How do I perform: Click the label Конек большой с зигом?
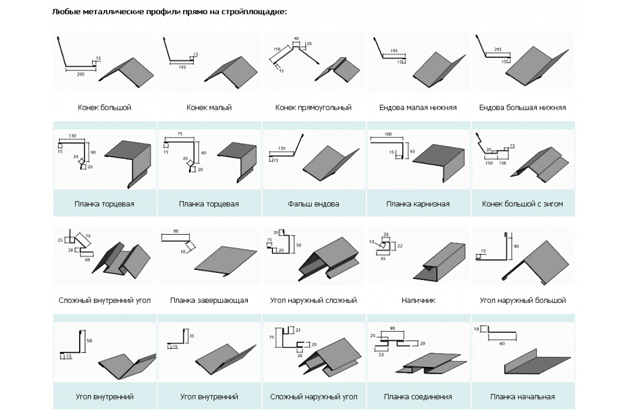tap(522, 204)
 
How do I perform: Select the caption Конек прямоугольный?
tap(313, 108)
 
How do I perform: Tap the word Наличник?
tap(418, 300)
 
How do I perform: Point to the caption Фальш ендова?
tap(313, 204)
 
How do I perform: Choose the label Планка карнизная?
tap(418, 204)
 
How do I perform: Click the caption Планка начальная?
tap(522, 397)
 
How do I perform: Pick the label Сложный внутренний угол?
tap(104, 300)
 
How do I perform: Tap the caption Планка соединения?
tap(418, 397)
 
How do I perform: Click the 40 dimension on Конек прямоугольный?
tap(296, 39)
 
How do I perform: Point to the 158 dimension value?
tap(277, 49)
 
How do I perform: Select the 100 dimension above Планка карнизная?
tap(388, 135)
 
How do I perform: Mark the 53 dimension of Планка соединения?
tap(381, 355)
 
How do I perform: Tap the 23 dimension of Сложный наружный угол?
tap(298, 330)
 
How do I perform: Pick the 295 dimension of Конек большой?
tap(80, 75)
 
